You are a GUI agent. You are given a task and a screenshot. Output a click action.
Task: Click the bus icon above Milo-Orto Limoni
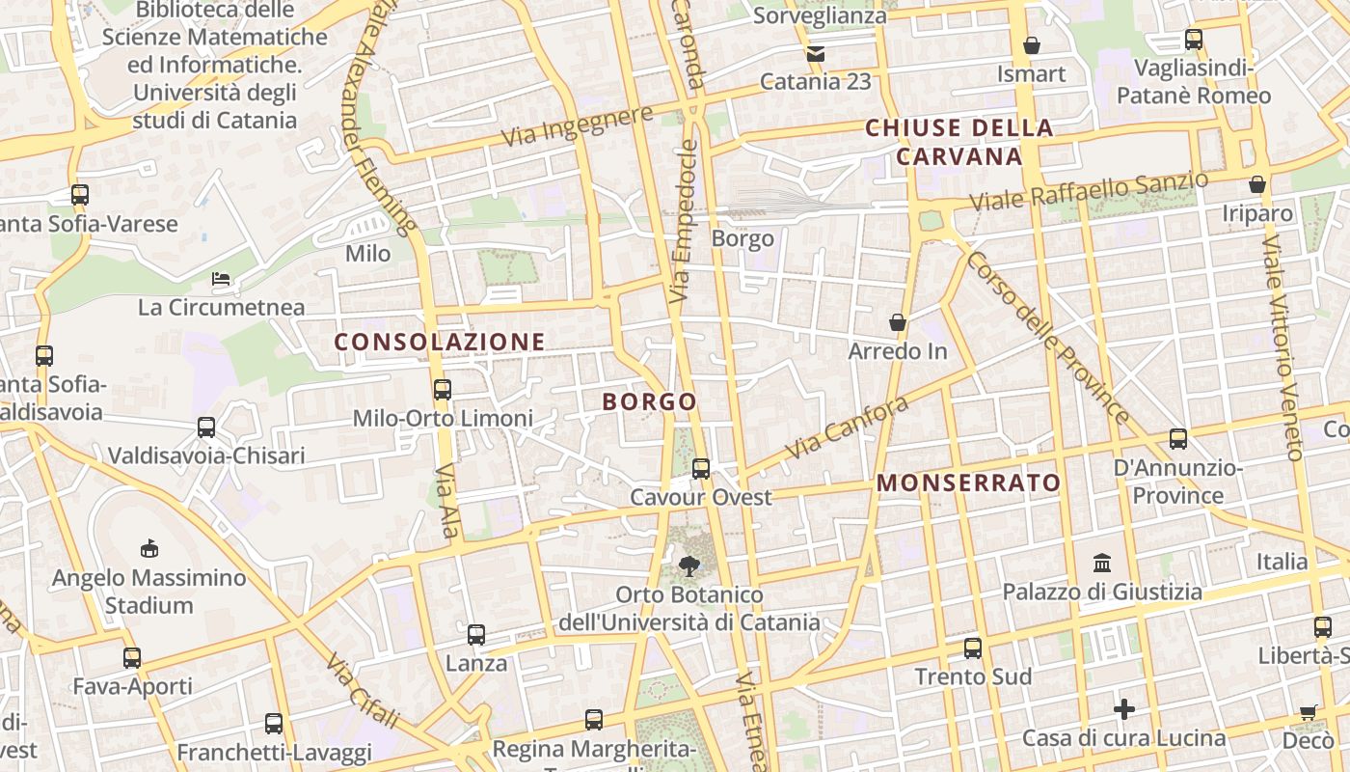click(x=443, y=390)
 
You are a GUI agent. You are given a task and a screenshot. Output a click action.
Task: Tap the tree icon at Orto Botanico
click(x=688, y=566)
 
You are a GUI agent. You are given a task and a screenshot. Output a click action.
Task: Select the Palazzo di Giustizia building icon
click(x=1102, y=563)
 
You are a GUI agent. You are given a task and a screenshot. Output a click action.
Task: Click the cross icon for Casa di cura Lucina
click(x=1124, y=710)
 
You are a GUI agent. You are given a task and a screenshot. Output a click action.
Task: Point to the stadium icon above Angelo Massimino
click(x=148, y=549)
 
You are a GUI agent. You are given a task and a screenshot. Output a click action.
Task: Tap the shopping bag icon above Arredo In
click(x=898, y=321)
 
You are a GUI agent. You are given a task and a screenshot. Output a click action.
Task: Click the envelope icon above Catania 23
click(x=816, y=54)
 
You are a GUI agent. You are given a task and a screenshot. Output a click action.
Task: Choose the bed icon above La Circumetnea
click(x=222, y=279)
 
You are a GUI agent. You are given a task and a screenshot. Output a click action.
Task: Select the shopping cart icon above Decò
click(x=1308, y=712)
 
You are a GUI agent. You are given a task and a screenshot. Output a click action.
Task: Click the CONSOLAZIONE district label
click(x=440, y=342)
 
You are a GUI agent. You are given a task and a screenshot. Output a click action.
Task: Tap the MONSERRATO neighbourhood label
click(x=969, y=482)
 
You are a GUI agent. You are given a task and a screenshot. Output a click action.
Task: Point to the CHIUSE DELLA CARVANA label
click(x=958, y=142)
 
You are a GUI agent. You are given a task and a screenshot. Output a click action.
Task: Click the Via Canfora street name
click(x=847, y=427)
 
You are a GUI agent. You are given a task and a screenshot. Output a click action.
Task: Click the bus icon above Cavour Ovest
click(x=701, y=469)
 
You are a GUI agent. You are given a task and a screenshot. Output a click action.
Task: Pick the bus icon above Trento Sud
click(x=973, y=648)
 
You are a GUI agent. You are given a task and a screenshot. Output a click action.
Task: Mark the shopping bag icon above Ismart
click(x=1032, y=45)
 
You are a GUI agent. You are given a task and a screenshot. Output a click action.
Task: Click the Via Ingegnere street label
click(x=577, y=127)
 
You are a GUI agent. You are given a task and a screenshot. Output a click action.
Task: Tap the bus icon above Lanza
click(x=476, y=635)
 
